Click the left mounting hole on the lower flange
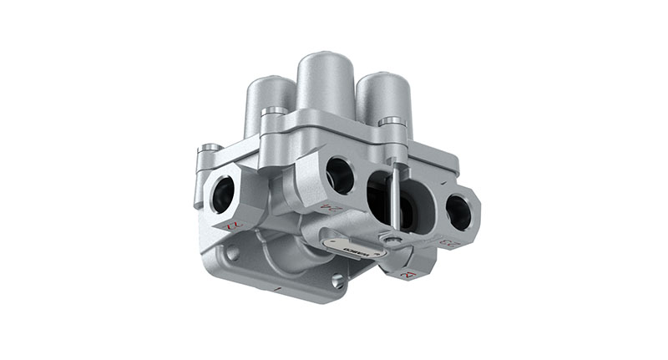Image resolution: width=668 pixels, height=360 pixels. [x=233, y=253]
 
